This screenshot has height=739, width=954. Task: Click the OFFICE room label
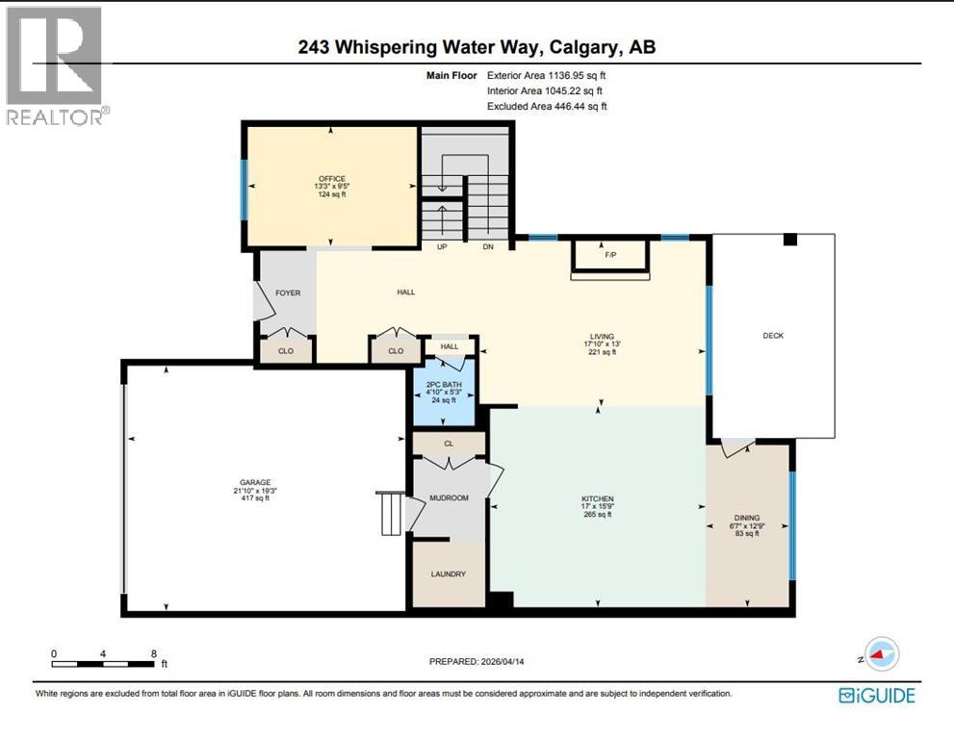331,179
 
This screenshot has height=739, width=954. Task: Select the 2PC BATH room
444,394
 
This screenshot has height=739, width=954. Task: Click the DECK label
773,336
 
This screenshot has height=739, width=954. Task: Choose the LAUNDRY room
448,574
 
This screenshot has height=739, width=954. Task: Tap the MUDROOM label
448,498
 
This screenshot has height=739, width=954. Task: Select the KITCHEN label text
597,498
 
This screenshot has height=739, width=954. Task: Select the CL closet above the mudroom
449,444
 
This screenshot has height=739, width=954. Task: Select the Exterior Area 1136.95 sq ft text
547,74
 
